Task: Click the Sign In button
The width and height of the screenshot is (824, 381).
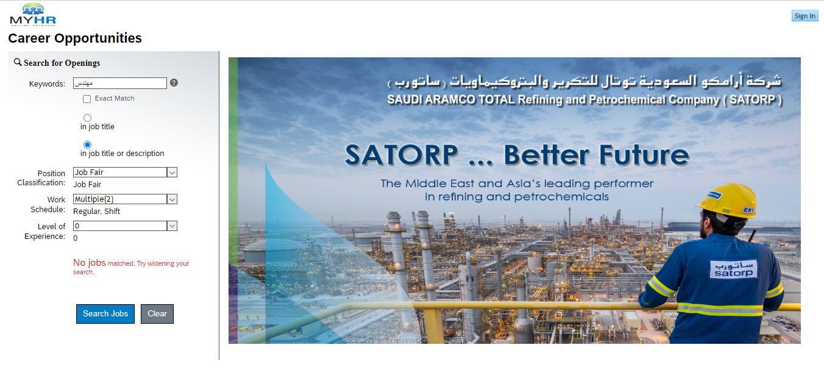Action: [x=805, y=16]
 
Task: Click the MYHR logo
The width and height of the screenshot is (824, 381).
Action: [x=33, y=15]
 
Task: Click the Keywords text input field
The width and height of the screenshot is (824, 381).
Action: [x=120, y=83]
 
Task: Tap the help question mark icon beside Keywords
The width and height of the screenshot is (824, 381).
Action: [x=174, y=83]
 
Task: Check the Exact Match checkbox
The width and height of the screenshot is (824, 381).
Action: [x=87, y=99]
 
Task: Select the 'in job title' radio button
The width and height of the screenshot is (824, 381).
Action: [x=87, y=118]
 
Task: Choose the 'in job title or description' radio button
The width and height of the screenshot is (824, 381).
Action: [x=87, y=144]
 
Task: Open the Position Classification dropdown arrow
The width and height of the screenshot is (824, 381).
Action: [x=172, y=173]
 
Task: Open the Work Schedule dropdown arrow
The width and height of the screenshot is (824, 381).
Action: [x=172, y=199]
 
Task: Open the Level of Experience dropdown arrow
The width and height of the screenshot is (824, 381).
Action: [x=172, y=226]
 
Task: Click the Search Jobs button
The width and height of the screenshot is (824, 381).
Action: [x=105, y=314]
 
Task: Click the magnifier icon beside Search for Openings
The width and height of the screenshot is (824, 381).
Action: [x=17, y=62]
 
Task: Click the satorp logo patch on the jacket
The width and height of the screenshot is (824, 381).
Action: [x=734, y=269]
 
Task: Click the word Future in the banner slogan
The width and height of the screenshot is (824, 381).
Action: [x=644, y=155]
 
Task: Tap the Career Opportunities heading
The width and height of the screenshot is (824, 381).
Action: [x=75, y=38]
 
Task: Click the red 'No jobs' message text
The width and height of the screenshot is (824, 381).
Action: [x=90, y=263]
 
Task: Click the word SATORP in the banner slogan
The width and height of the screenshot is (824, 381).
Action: [x=401, y=155]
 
